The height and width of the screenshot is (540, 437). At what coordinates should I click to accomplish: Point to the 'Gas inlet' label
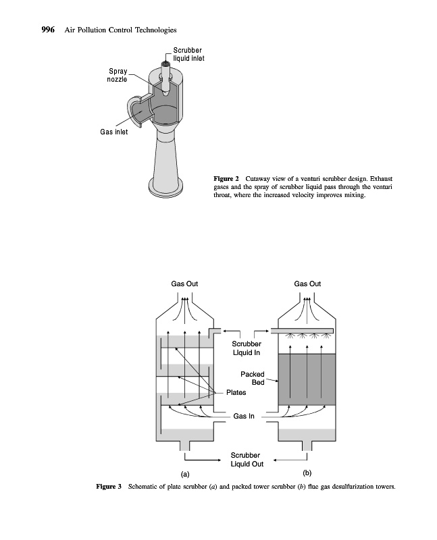click(x=114, y=132)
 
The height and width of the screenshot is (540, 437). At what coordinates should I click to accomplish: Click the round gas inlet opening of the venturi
click(x=139, y=111)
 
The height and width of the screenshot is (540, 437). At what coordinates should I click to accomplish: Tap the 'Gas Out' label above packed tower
click(x=308, y=283)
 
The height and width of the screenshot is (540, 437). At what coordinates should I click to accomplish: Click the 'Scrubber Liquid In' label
click(x=246, y=348)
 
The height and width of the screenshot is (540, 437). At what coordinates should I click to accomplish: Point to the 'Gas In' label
click(x=243, y=416)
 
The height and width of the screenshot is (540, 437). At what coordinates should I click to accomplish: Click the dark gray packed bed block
click(x=307, y=379)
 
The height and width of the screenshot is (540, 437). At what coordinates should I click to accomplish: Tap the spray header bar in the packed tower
click(x=302, y=331)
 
